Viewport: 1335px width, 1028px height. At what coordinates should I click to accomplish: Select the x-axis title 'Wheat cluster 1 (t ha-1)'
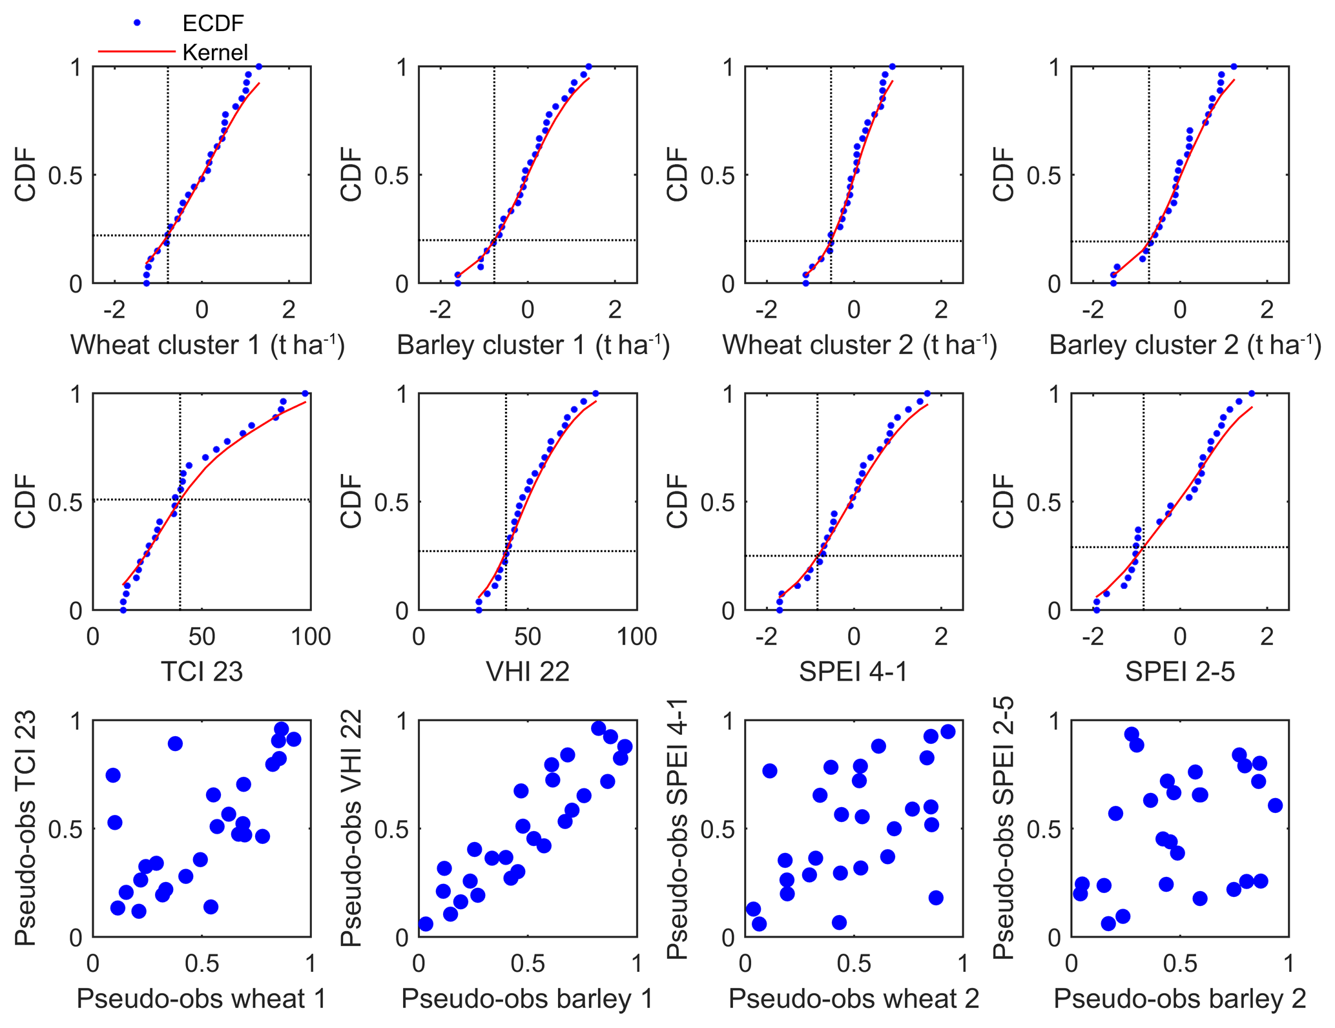(207, 344)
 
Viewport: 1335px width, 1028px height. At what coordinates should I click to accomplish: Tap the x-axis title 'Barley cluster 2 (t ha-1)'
(1185, 344)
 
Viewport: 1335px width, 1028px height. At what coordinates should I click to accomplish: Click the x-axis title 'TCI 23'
(202, 672)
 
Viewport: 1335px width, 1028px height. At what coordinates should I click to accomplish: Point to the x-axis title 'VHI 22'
(528, 672)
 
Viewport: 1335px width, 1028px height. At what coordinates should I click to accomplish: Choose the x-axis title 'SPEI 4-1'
(853, 672)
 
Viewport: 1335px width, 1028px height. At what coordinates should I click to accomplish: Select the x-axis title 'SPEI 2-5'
(1180, 672)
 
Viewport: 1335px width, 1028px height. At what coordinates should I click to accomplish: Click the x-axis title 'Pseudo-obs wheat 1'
(202, 999)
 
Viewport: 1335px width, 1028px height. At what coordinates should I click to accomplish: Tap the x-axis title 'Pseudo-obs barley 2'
(1180, 999)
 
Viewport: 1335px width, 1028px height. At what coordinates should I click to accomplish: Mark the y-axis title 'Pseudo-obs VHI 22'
(351, 828)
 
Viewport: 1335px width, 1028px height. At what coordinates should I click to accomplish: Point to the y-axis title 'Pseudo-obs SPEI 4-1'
(678, 828)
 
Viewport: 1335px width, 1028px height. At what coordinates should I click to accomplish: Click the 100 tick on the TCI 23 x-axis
(311, 637)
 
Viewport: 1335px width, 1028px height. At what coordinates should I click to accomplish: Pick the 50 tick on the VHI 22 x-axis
(528, 637)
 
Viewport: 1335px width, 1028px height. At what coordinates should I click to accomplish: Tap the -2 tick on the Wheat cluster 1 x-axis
(114, 310)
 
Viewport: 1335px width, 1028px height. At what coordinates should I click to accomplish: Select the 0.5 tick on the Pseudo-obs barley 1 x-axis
(528, 963)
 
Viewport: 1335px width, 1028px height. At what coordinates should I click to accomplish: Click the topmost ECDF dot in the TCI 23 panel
(305, 393)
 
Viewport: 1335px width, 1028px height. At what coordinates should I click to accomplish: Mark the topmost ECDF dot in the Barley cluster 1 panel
(588, 67)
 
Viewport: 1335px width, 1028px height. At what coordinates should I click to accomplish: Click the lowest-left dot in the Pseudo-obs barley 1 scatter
(426, 924)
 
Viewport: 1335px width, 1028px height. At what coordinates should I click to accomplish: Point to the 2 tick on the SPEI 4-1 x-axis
(941, 637)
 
